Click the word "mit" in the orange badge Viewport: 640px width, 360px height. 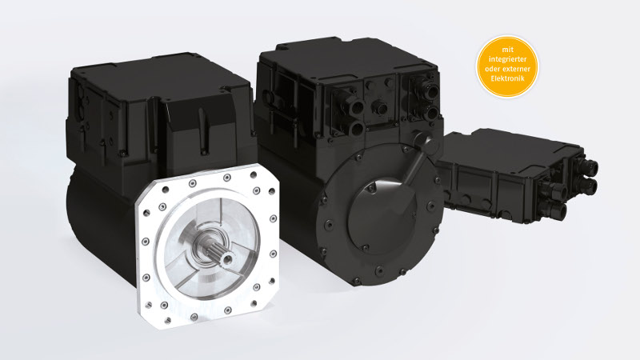coord(507,50)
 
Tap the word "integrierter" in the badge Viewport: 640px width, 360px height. coord(507,59)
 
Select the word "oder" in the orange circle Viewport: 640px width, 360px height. coord(493,69)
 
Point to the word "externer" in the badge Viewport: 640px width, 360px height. coord(517,69)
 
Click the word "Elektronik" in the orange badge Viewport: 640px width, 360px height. coord(507,78)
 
